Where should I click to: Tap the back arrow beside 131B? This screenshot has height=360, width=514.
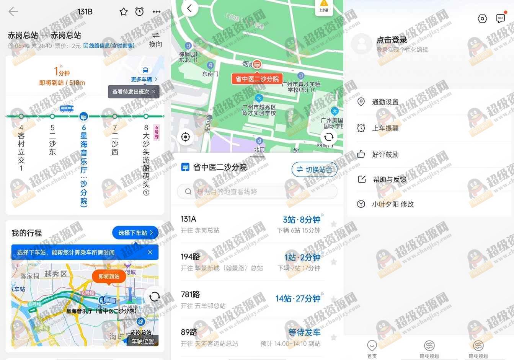coord(13,11)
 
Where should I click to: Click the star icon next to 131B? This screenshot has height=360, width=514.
coord(124,11)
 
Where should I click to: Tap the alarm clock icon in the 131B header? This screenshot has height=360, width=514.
coord(140,11)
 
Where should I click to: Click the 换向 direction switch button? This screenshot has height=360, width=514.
coord(155,39)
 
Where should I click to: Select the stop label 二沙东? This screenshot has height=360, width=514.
coord(52,140)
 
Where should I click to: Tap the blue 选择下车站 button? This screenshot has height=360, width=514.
coord(135,233)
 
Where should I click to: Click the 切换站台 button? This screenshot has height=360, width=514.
coord(314,169)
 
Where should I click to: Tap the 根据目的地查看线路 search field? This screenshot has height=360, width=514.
coord(257,191)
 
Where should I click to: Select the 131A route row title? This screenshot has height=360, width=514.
coord(188,219)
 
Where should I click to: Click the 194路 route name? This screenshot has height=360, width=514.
coord(191,257)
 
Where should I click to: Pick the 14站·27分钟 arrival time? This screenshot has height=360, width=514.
coord(298,298)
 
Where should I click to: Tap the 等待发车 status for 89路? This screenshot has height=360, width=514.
coord(304,332)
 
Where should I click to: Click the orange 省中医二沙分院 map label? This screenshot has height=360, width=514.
coord(257,79)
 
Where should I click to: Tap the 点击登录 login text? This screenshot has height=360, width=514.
coord(392,40)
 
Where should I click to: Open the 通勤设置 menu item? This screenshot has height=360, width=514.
coord(385,102)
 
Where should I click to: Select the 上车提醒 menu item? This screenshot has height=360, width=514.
coord(385,128)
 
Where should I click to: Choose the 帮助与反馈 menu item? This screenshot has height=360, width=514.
coord(389,179)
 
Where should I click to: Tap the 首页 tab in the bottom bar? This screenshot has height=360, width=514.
coord(372,348)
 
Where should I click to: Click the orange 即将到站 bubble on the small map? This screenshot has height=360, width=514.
coord(109,276)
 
